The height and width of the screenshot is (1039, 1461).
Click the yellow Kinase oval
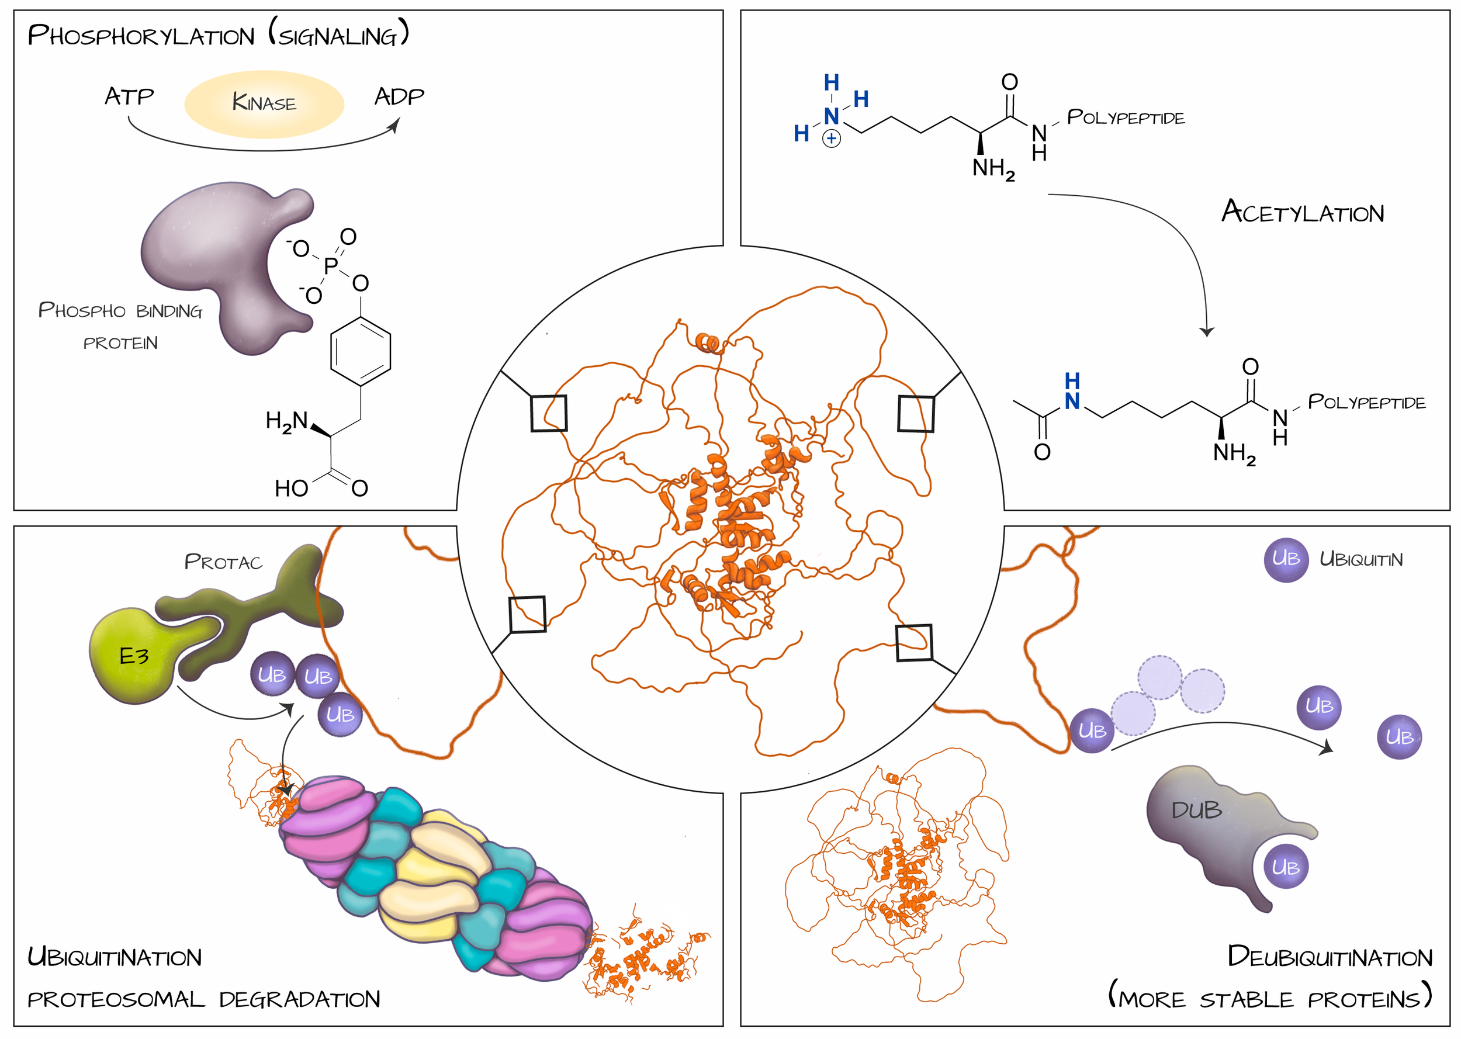(264, 103)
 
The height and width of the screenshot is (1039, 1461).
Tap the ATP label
(129, 96)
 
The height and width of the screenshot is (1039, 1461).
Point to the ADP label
(399, 96)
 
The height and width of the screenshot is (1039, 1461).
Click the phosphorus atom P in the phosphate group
(331, 266)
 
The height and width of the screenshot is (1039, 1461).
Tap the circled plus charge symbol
(831, 138)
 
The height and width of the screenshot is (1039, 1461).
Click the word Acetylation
(1303, 212)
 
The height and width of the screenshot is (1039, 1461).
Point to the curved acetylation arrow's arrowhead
(1206, 331)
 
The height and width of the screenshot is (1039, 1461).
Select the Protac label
(223, 562)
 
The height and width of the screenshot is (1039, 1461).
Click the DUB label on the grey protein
(1196, 811)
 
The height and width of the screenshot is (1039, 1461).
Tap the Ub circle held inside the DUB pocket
(1286, 868)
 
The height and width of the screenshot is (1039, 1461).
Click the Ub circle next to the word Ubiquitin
(1286, 559)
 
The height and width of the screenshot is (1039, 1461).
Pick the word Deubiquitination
(1330, 957)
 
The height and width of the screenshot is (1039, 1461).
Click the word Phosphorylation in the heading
(141, 36)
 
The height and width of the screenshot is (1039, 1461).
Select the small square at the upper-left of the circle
(549, 413)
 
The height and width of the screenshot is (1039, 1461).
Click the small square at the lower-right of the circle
(914, 642)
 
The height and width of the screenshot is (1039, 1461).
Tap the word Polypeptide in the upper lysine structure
(1126, 117)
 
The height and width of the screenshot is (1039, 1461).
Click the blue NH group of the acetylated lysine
(1072, 392)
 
